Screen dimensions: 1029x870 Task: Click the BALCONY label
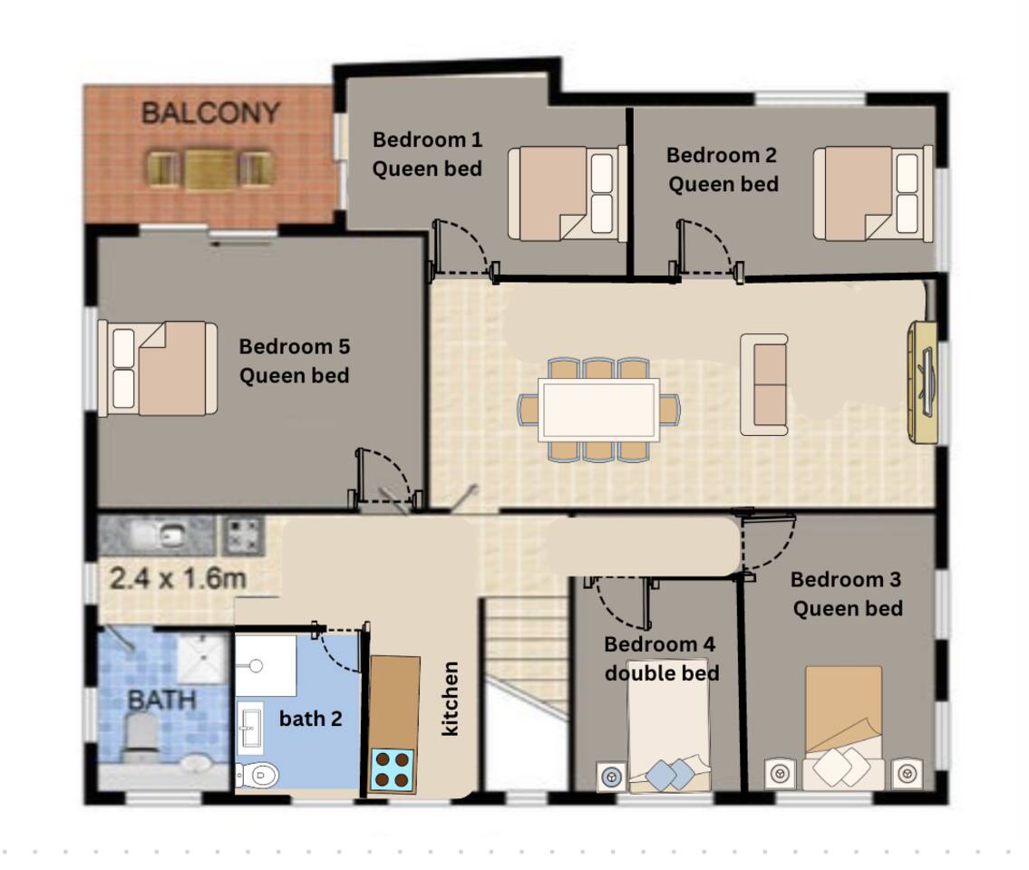point(210,113)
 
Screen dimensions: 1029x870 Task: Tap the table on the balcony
point(210,170)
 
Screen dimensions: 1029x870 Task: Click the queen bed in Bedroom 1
point(567,194)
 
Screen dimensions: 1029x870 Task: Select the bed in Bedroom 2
point(873,194)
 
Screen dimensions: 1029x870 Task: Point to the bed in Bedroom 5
point(158,368)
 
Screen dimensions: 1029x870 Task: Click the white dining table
point(598,410)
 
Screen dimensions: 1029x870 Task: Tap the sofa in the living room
point(764,384)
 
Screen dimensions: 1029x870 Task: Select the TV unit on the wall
point(923,382)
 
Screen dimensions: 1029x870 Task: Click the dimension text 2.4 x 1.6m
point(178,578)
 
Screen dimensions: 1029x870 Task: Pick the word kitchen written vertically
point(450,698)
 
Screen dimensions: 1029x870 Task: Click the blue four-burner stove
point(393,769)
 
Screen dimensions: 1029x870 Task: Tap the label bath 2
point(310,719)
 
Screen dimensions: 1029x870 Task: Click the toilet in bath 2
point(257,776)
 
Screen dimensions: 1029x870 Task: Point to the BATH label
point(162,700)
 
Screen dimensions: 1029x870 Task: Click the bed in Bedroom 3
point(843,728)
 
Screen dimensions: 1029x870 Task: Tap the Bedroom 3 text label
point(846,579)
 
